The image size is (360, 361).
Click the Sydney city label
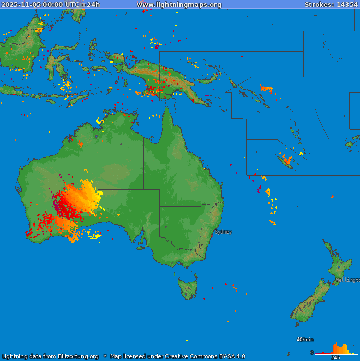point(223,232)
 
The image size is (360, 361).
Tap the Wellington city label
point(347,280)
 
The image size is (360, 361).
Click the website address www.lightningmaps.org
point(179,5)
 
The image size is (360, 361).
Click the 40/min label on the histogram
point(305,340)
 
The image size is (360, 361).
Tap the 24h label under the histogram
point(335,358)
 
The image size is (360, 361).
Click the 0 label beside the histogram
point(312,353)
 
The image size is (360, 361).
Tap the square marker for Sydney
point(212,236)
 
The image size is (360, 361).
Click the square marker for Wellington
point(333,284)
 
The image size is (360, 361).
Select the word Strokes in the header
point(317,5)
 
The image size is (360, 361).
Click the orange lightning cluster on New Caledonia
point(286,158)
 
